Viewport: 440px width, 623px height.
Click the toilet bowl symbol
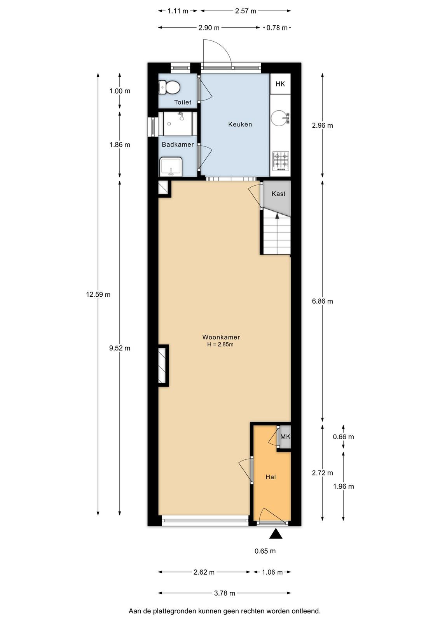pos(169,87)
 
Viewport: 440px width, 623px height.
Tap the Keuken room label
pos(240,124)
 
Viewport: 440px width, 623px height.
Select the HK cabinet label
pos(280,84)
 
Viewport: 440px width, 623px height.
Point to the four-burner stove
pos(281,161)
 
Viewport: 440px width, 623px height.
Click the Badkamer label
pos(178,144)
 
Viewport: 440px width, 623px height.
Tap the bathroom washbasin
pos(171,167)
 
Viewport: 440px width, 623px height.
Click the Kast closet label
pos(278,194)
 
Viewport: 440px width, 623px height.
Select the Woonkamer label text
pos(221,337)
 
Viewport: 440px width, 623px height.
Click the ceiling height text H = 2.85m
pos(220,344)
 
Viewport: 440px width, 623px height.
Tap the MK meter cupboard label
pos(285,436)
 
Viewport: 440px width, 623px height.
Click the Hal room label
pos(271,477)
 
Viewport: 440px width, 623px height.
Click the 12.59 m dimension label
pos(98,294)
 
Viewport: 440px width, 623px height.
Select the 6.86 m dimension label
pos(322,301)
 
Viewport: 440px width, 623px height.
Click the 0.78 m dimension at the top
pos(277,28)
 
